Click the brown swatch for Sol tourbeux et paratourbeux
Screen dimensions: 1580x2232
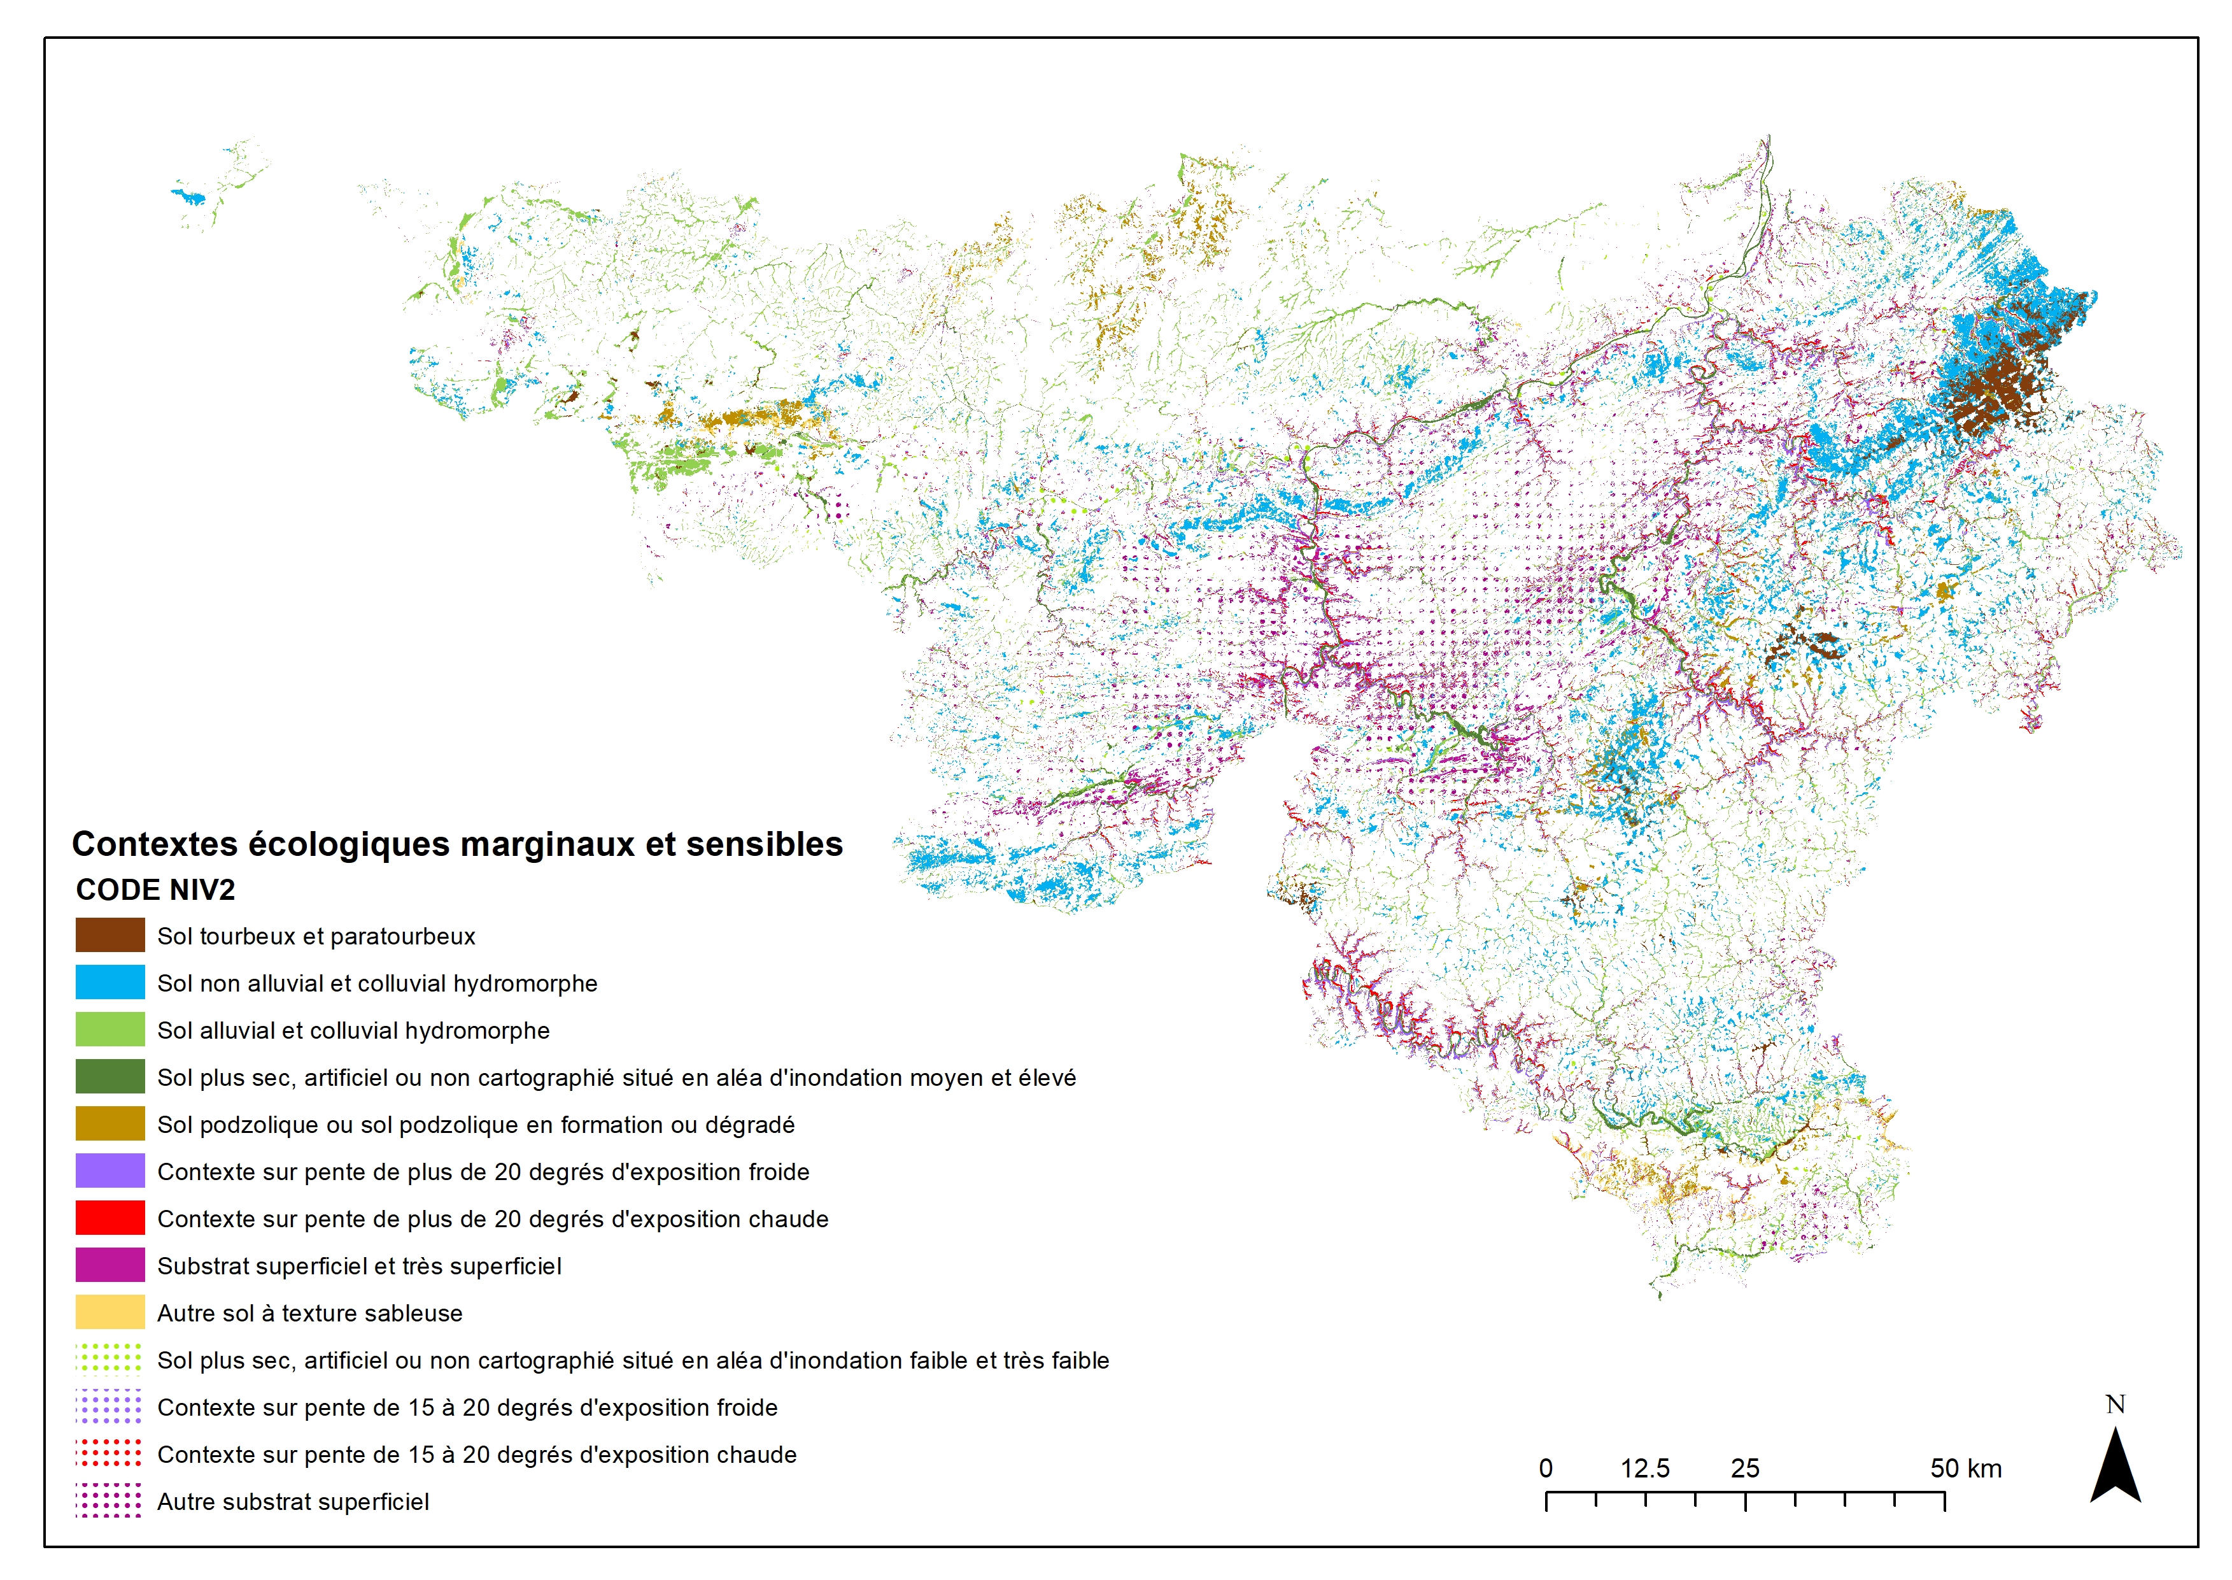click(x=110, y=935)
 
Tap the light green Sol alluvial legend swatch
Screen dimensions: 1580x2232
click(x=110, y=1029)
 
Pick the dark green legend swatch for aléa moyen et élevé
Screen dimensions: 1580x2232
click(x=110, y=1076)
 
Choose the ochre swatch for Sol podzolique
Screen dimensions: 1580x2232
click(x=110, y=1124)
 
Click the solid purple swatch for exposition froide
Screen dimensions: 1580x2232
click(x=110, y=1171)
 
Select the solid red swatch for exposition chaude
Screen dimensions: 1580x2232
click(x=110, y=1218)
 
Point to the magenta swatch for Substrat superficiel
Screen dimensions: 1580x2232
click(x=110, y=1265)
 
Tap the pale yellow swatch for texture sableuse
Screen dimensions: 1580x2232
click(x=110, y=1313)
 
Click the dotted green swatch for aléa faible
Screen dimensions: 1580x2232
click(x=110, y=1359)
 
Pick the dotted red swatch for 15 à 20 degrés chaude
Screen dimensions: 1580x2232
click(x=110, y=1453)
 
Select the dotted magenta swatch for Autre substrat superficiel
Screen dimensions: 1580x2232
click(x=110, y=1500)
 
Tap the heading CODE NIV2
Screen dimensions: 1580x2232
click(x=155, y=889)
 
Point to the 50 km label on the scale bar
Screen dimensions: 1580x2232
click(x=1965, y=1468)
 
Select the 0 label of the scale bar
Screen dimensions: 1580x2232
click(x=1545, y=1468)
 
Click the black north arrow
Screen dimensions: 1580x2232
click(x=2115, y=1469)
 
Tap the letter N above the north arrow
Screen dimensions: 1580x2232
click(x=2115, y=1404)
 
